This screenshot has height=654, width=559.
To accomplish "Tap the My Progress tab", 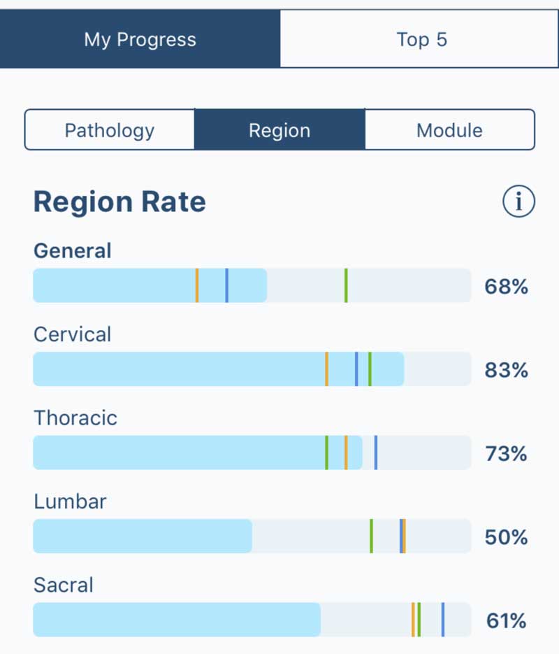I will pos(140,39).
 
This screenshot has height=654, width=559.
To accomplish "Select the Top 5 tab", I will pos(421,39).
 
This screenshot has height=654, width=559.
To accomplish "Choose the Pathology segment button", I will pos(110,130).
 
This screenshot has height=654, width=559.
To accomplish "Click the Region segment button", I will pos(279,130).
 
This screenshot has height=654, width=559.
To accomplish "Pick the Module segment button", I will pos(449,130).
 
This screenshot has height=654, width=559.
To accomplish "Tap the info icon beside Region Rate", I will pos(518,202).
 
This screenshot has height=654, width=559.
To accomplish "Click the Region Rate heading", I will pos(119,202).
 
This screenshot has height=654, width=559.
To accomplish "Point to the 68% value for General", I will pos(506,286).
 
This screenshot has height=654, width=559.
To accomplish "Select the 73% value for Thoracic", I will pos(506,453).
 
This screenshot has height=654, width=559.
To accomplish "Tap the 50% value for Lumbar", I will pos(506,537).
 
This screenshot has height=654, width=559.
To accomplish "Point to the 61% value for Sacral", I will pos(506,620).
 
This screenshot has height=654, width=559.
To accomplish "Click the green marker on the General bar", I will pos(346,285).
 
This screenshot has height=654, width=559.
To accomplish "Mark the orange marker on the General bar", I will pos(197,285).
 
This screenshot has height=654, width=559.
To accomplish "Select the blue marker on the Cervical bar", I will pos(356,369).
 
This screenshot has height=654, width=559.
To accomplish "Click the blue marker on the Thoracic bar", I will pos(376,453).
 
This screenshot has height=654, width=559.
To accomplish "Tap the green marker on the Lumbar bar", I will pos(371,536).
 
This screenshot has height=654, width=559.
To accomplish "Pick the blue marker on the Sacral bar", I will pos(443,620).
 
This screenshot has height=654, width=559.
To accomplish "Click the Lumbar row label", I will pos(70,502).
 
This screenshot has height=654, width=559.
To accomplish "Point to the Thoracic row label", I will pos(75,418).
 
